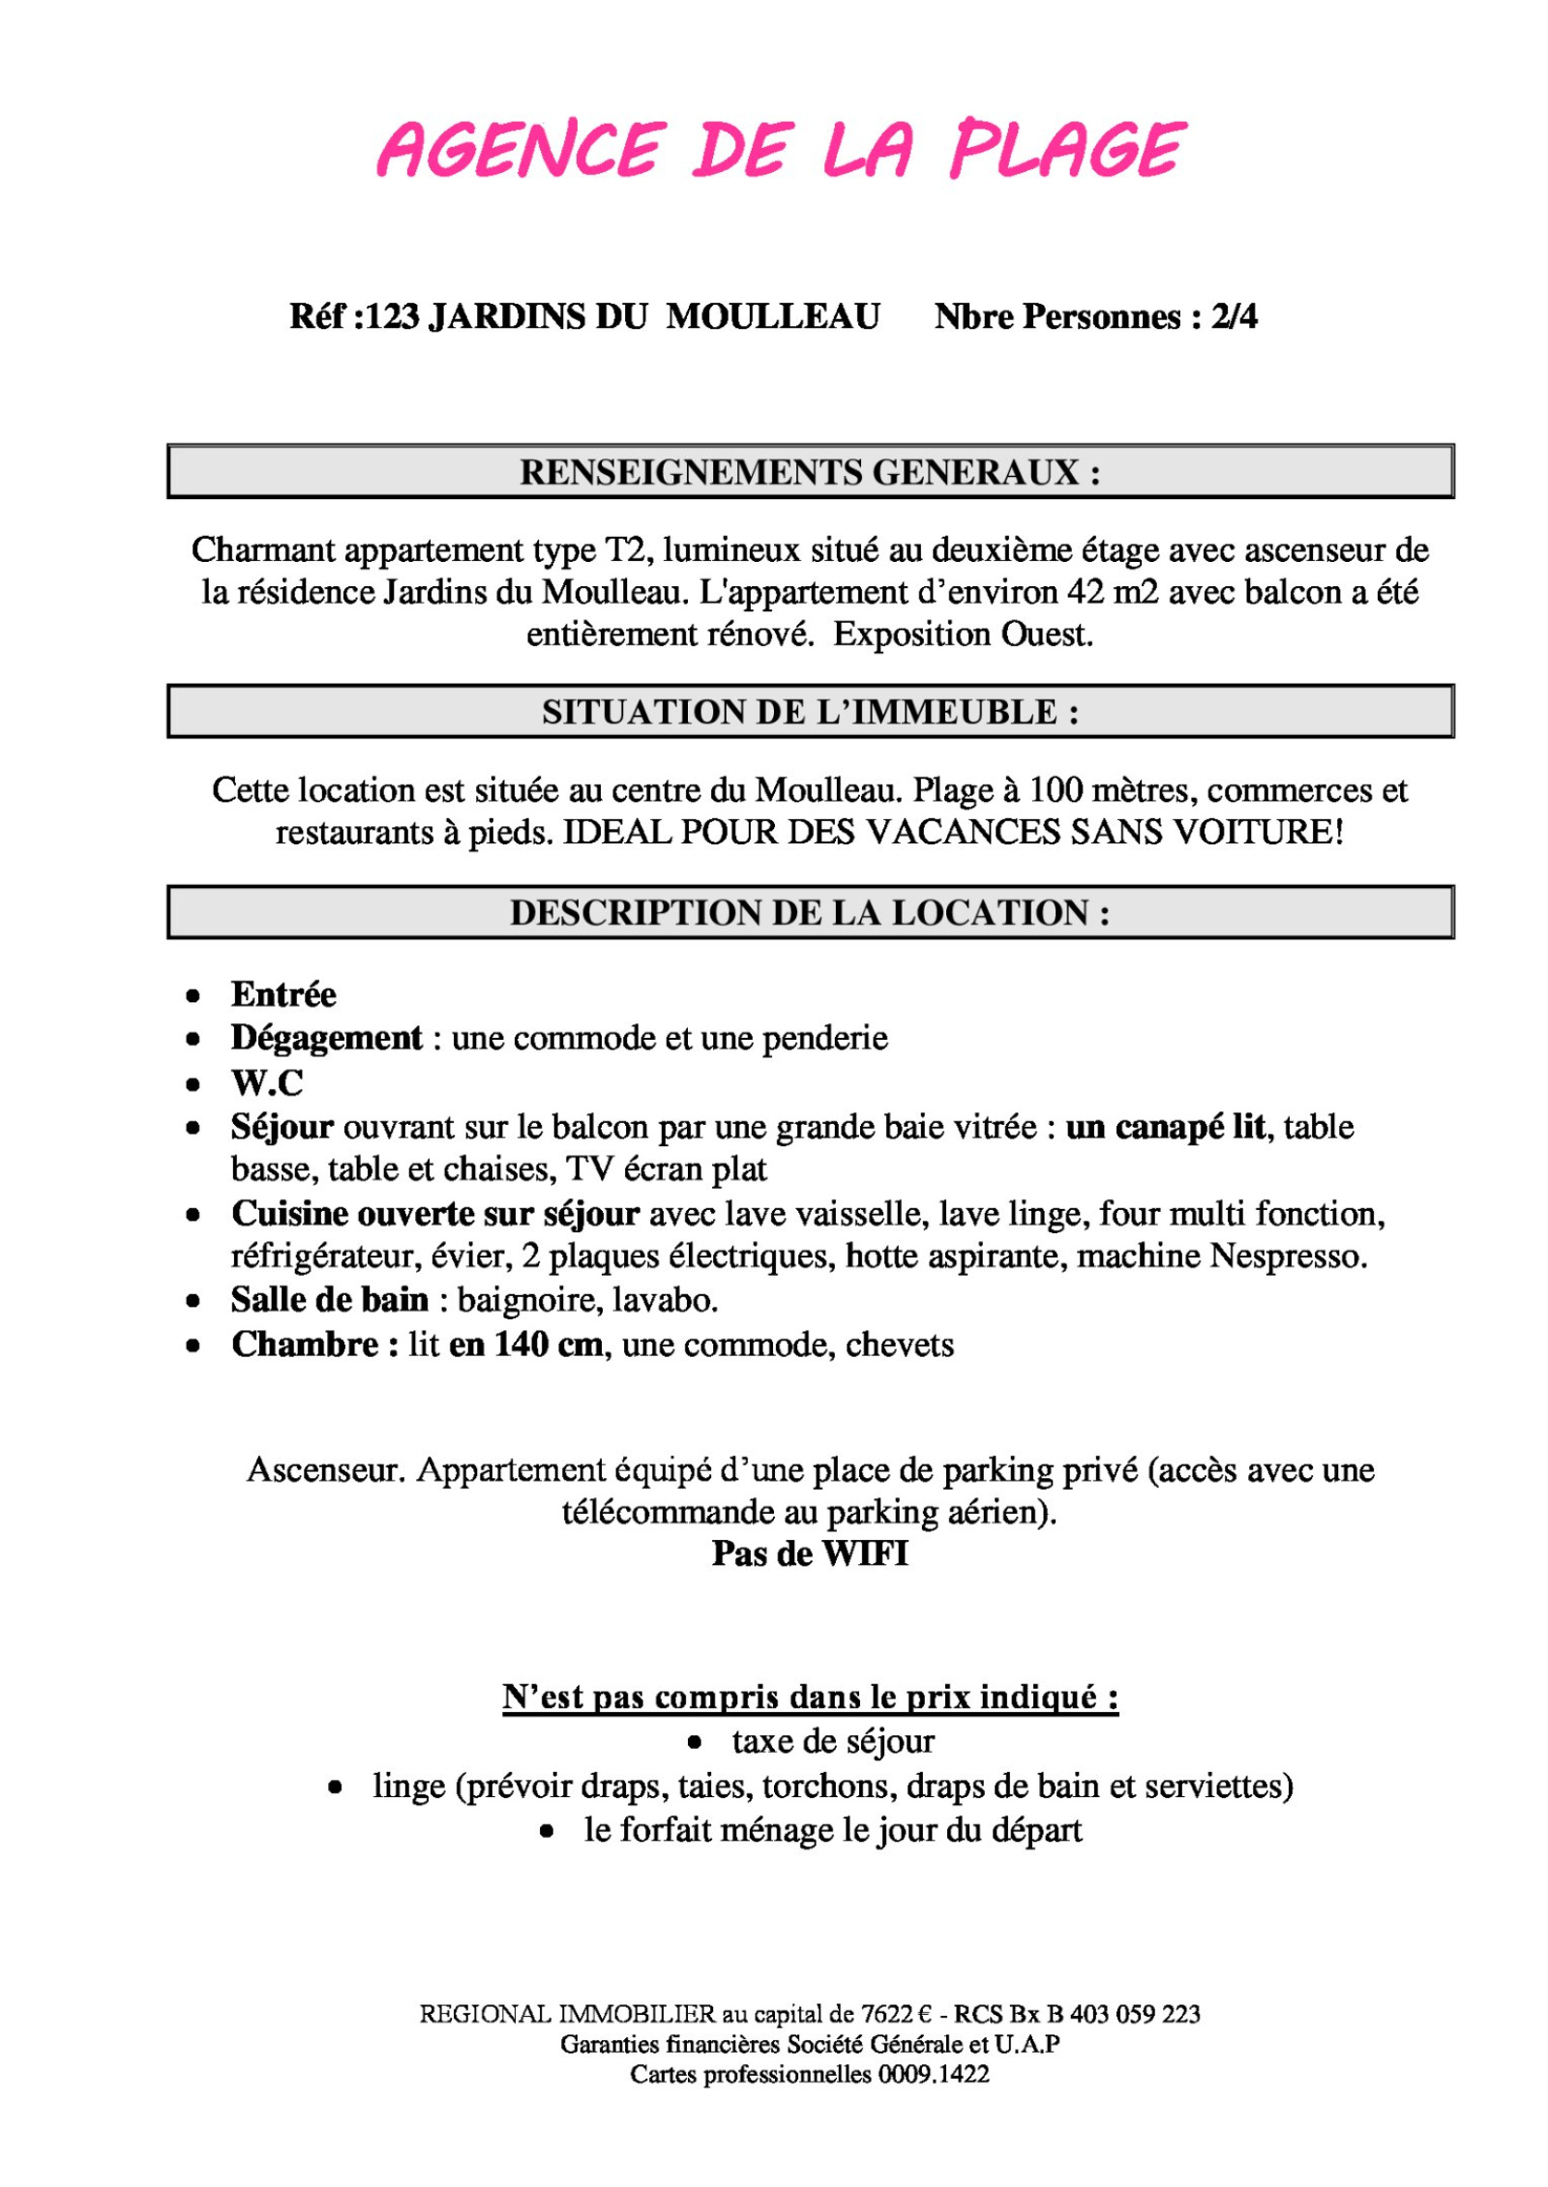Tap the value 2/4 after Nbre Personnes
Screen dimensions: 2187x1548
pyautogui.click(x=1234, y=316)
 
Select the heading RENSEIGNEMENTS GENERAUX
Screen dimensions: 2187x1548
pyautogui.click(x=810, y=472)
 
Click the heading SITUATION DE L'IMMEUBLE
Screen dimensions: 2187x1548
pyautogui.click(x=810, y=712)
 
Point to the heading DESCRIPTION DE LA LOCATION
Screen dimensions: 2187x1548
pyautogui.click(x=810, y=912)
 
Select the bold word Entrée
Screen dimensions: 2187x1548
pyautogui.click(x=283, y=994)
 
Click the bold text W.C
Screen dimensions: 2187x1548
pyautogui.click(x=267, y=1082)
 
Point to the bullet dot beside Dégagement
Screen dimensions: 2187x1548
pyautogui.click(x=193, y=1039)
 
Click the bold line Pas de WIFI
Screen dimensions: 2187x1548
pyautogui.click(x=810, y=1553)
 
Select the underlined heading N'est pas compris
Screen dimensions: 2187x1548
pyautogui.click(x=810, y=1698)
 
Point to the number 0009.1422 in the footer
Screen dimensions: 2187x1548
pyautogui.click(x=934, y=2074)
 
